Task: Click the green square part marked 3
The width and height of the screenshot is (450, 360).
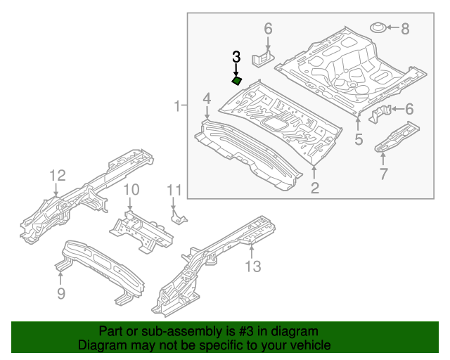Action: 237,81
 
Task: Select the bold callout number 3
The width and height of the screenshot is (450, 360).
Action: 237,56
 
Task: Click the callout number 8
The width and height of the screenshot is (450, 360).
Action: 404,29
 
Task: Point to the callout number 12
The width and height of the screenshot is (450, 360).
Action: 57,175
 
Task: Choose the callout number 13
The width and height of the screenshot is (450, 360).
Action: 252,266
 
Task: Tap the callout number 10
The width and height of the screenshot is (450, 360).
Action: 131,190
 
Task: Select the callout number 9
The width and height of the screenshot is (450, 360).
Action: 61,293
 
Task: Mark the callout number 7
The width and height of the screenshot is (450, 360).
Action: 383,174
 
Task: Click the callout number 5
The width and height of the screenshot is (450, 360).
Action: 359,139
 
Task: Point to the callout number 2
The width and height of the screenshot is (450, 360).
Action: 314,187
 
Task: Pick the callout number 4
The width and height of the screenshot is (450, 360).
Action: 207,98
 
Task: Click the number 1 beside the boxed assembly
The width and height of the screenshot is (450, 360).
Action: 177,106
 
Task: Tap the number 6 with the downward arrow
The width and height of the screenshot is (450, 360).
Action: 268,29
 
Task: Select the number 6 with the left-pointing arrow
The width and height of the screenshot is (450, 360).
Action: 409,108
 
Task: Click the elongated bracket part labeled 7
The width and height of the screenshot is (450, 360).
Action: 397,136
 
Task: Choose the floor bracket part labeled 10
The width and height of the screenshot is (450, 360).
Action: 141,229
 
